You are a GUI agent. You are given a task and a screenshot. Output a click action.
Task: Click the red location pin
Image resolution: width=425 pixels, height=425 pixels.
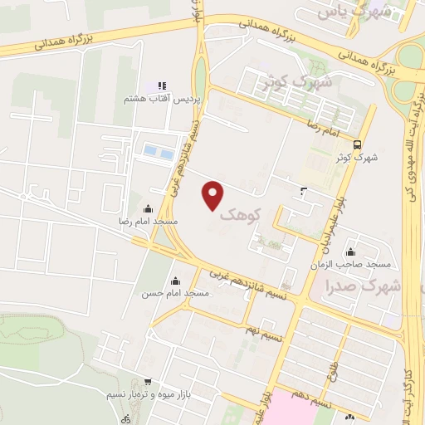(214, 195)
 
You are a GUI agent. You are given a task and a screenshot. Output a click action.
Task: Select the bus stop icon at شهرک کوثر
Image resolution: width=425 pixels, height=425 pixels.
(357, 143)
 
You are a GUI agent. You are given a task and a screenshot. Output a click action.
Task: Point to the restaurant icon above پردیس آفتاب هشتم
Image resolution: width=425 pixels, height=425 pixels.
(162, 85)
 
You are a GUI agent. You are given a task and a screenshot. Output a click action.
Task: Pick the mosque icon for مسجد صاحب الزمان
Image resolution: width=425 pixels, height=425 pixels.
(351, 252)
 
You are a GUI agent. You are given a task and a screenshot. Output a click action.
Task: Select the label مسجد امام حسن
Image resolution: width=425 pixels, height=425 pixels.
(175, 294)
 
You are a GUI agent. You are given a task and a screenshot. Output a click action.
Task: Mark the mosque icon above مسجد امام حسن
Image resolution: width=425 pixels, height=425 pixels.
(174, 280)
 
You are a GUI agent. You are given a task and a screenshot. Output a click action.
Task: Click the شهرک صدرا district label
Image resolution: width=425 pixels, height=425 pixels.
(365, 286)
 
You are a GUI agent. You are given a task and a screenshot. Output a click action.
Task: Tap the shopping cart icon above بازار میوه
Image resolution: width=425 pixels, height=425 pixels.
(148, 382)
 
